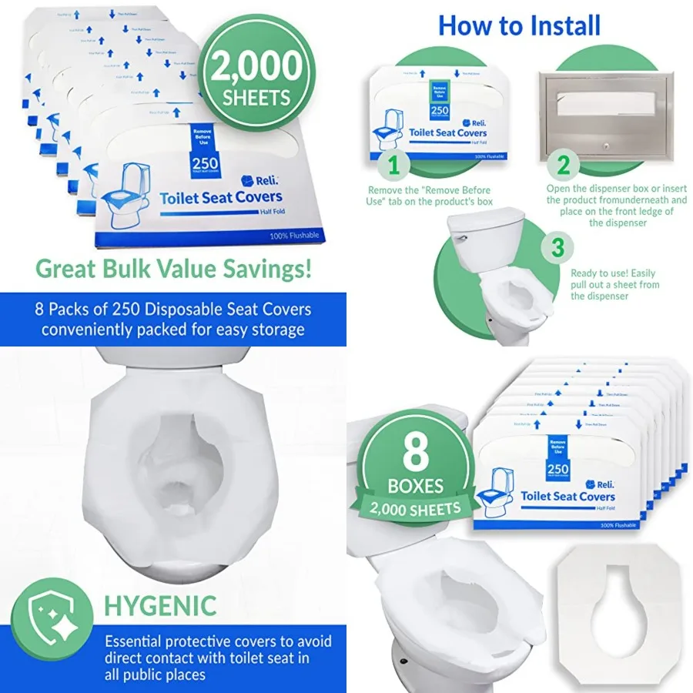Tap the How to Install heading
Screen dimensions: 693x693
click(x=519, y=25)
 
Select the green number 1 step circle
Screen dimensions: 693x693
click(x=394, y=165)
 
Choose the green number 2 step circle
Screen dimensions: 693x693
click(x=563, y=165)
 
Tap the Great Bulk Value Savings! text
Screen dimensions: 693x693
click(x=174, y=269)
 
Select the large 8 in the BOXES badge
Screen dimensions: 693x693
click(x=416, y=453)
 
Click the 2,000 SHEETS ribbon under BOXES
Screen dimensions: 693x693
click(x=415, y=507)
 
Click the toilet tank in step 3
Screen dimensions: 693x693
click(x=488, y=238)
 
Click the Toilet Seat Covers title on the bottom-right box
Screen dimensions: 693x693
click(x=567, y=496)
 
